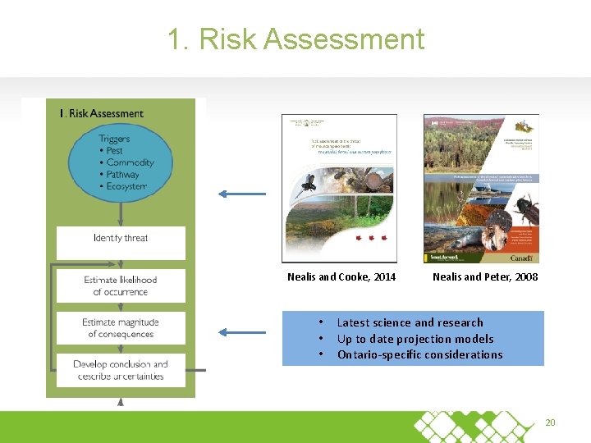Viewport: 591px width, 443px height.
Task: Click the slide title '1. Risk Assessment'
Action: point(295,39)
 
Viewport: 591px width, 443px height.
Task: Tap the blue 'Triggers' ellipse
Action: point(121,162)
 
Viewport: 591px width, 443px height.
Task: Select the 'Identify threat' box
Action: point(121,239)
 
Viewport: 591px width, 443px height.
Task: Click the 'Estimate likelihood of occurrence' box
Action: point(121,285)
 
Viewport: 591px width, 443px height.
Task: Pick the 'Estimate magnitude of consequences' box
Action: point(121,328)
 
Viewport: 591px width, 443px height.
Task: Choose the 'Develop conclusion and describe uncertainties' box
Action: point(121,370)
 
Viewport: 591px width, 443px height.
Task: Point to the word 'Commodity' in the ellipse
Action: point(130,162)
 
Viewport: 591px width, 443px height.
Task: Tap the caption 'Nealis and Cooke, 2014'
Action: point(341,277)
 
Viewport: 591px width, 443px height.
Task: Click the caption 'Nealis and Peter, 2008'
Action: point(485,277)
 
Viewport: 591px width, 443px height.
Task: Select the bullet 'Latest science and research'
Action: point(410,322)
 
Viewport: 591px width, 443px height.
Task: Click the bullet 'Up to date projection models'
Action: point(415,339)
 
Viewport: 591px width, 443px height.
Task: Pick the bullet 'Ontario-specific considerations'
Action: point(419,354)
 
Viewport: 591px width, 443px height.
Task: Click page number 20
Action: point(550,422)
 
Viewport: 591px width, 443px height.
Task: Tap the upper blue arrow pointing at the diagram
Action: point(241,194)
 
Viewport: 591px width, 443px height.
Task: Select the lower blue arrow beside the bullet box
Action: point(241,332)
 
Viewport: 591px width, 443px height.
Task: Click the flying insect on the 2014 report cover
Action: point(309,180)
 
